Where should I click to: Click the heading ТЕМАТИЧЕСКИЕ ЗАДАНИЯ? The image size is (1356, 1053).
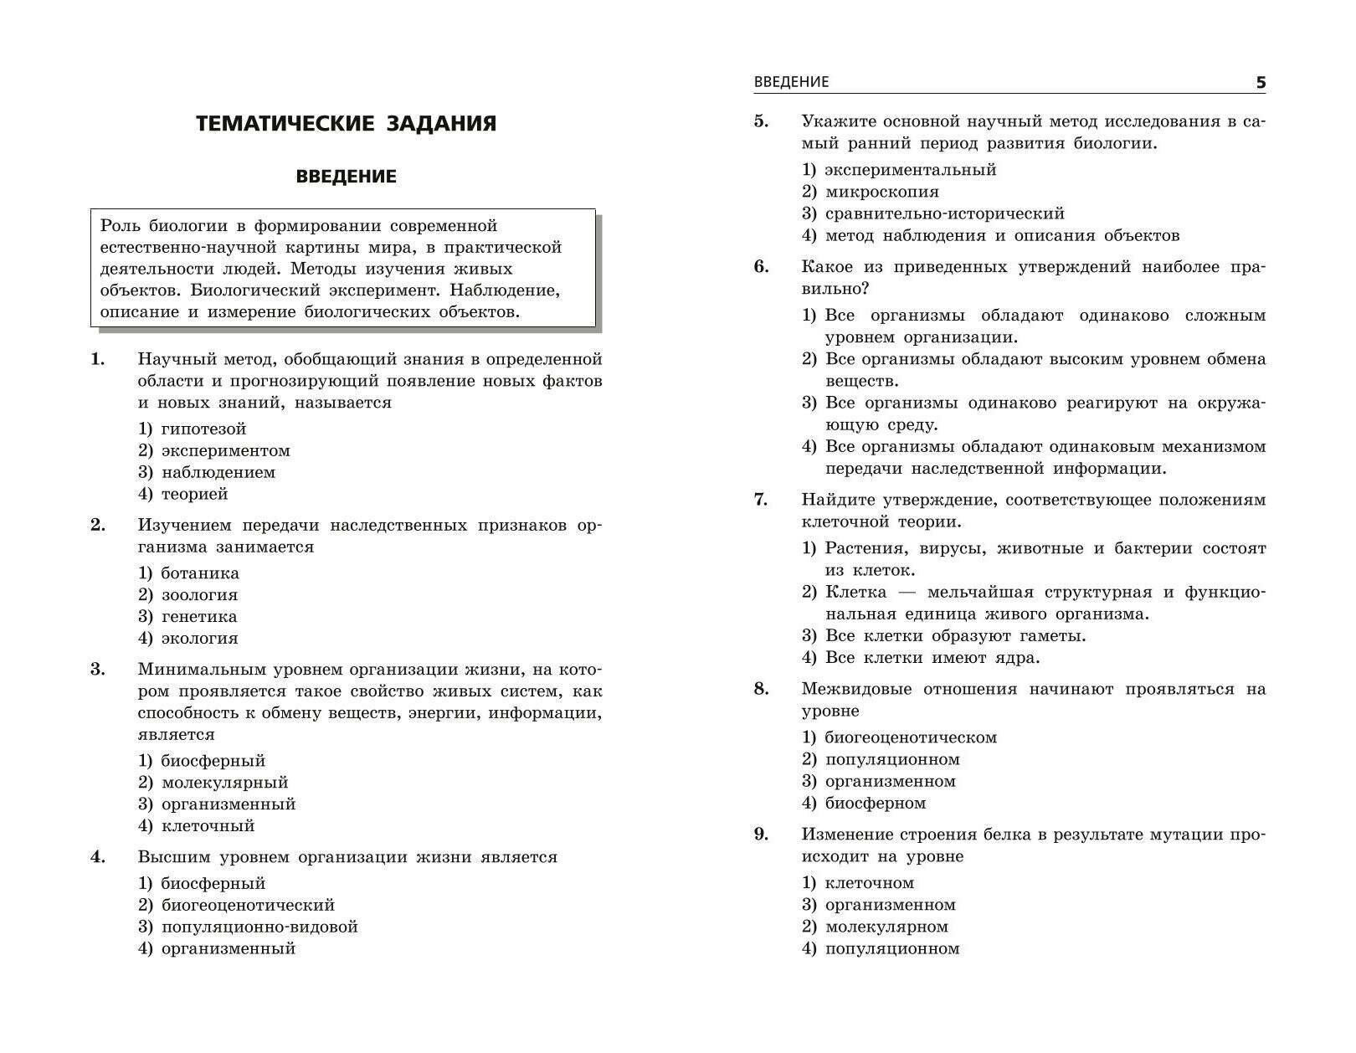(x=346, y=124)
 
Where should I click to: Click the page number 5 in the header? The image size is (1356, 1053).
(x=1261, y=83)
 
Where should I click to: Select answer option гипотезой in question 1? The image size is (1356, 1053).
(x=203, y=429)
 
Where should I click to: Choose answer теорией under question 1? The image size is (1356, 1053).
(x=194, y=494)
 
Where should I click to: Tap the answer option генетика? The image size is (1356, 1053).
(x=198, y=617)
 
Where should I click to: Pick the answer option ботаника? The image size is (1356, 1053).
(x=199, y=573)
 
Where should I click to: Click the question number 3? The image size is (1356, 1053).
(x=98, y=670)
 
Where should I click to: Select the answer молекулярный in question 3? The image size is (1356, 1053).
(x=224, y=783)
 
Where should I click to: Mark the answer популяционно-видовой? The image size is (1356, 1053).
(x=259, y=927)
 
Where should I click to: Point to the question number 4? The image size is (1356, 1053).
(x=98, y=857)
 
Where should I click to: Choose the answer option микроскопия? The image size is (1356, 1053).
(x=881, y=192)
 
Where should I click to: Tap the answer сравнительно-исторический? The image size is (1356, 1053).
(x=944, y=213)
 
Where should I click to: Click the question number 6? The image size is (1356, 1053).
(x=761, y=267)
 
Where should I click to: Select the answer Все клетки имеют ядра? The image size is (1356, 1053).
(x=932, y=658)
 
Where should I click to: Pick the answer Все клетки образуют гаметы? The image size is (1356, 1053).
(x=955, y=636)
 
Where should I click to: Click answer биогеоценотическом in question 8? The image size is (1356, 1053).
(x=911, y=738)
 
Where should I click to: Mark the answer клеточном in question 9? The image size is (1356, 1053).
(x=869, y=883)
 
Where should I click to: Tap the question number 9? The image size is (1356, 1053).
(x=761, y=835)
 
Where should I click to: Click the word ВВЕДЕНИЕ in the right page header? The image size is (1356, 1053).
(x=791, y=82)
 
